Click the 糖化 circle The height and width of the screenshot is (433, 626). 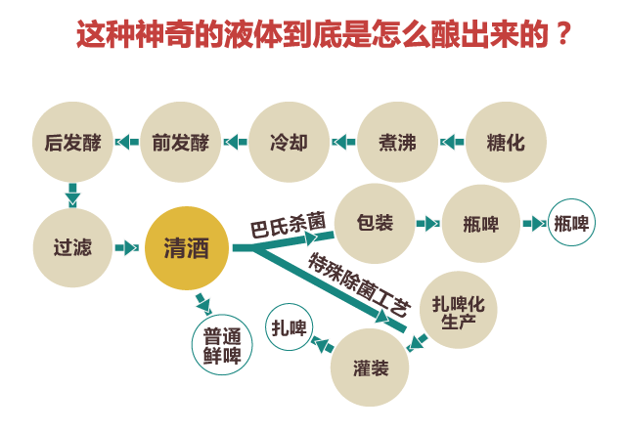coord(505,142)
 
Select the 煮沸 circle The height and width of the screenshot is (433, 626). coord(397,142)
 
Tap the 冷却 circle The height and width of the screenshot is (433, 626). coord(289,142)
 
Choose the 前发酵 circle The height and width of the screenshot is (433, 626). coord(181,142)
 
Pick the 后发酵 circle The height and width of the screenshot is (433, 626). coord(73,142)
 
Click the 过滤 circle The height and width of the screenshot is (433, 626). coord(73,247)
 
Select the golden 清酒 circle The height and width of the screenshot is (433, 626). coord(186,247)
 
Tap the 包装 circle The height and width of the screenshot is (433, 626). coord(376,223)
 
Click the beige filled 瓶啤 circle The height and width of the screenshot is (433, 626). coord(481,224)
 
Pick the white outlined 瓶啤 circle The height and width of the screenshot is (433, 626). coord(572,223)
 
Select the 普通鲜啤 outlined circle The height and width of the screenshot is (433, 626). coord(222,343)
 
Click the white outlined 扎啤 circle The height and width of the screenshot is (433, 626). coord(290,327)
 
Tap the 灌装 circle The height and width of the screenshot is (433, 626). coord(371,368)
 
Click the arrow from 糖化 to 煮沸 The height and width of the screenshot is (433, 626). coord(451,142)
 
